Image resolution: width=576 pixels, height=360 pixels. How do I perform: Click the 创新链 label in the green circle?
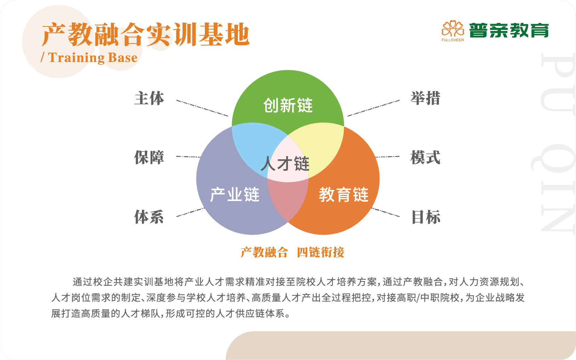[x=288, y=105]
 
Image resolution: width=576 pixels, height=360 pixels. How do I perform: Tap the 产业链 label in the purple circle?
[x=234, y=194]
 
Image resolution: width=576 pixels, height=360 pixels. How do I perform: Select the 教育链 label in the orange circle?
[x=344, y=195]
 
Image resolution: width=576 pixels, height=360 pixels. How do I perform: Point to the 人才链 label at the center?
[x=285, y=163]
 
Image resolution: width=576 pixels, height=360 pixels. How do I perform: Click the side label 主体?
[x=149, y=98]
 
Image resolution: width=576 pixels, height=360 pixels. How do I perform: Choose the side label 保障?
[x=149, y=157]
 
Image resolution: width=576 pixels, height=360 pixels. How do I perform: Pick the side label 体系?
[x=149, y=217]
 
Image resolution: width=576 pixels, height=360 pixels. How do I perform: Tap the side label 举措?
[x=425, y=98]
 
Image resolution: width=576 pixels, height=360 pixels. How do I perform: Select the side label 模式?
[x=425, y=157]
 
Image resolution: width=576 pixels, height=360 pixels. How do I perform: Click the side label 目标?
[x=426, y=217]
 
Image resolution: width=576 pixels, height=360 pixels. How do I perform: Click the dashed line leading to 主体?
[x=202, y=108]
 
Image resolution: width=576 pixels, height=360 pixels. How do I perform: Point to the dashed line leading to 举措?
[x=373, y=108]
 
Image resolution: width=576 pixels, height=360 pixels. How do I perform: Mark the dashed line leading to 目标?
[x=385, y=213]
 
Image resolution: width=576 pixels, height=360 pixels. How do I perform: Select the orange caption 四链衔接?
[x=320, y=252]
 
